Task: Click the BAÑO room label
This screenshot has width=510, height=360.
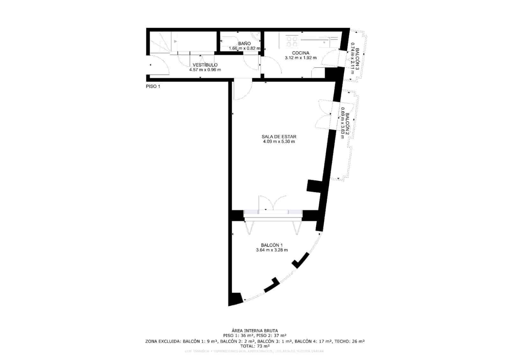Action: (x=244, y=43)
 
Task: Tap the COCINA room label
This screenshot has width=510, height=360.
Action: (x=301, y=53)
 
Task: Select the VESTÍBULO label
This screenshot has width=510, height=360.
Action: (x=205, y=65)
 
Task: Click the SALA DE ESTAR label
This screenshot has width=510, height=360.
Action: (x=279, y=137)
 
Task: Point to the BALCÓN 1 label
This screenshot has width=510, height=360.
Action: (x=272, y=245)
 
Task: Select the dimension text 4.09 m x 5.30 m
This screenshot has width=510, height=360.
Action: (x=279, y=141)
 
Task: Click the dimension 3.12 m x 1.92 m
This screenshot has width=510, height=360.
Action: (x=301, y=58)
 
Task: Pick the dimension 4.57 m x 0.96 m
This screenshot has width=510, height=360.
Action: (x=205, y=70)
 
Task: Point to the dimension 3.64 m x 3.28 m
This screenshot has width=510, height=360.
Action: (x=272, y=250)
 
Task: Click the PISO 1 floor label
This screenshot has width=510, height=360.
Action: (x=153, y=86)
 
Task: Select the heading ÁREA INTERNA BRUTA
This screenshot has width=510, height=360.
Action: (x=255, y=331)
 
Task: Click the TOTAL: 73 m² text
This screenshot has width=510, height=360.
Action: (x=255, y=346)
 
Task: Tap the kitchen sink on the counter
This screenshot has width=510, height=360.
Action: (x=325, y=41)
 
